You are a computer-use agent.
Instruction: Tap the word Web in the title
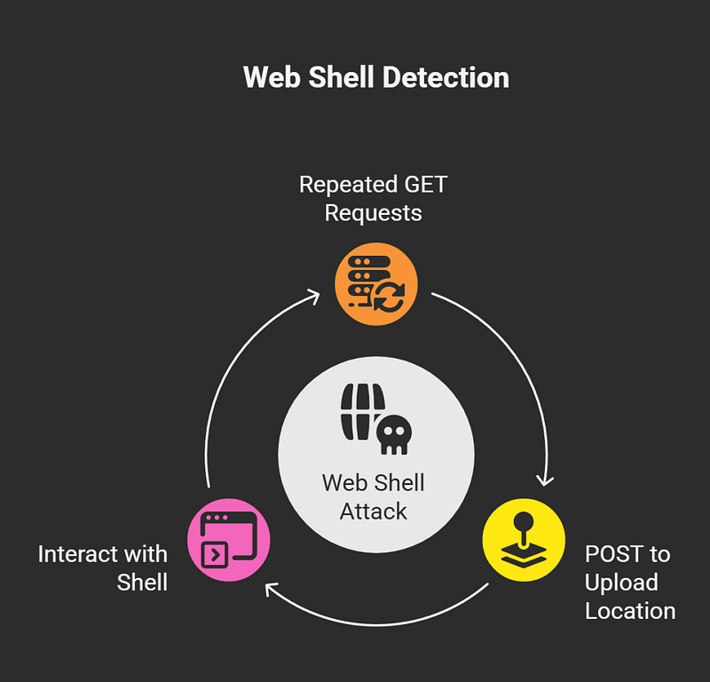tap(267, 77)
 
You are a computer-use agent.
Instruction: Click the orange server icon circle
tap(375, 283)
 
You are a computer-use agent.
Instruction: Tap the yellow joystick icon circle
tap(523, 538)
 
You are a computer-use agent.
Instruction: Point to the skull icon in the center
tap(393, 433)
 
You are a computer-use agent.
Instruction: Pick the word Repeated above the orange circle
tap(346, 185)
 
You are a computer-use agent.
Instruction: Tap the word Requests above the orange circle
tap(374, 213)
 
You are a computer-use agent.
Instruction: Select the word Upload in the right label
tap(621, 583)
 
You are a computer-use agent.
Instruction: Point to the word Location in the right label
tap(630, 611)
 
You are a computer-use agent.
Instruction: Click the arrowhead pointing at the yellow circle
tap(545, 479)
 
